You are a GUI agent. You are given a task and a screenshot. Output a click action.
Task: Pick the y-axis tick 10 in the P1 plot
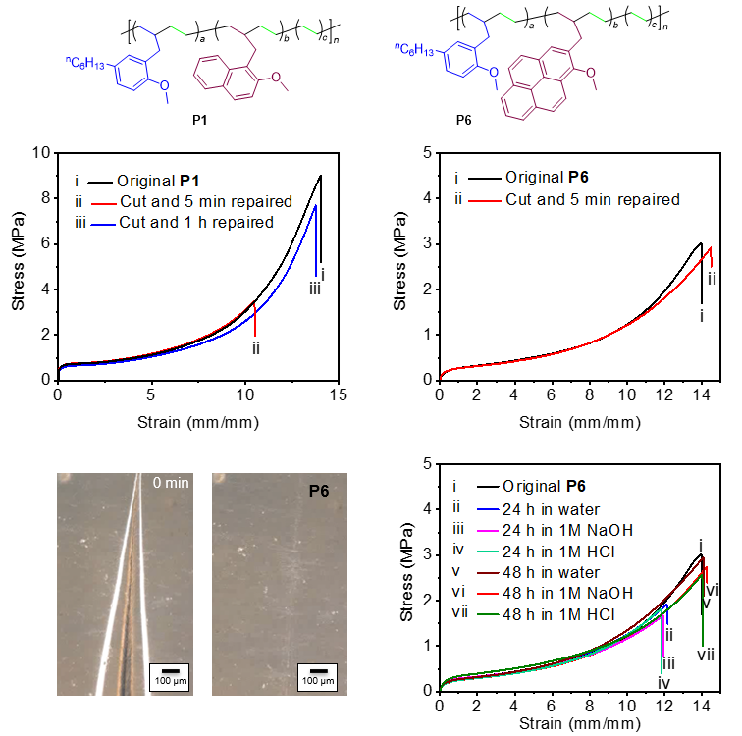pyautogui.click(x=39, y=153)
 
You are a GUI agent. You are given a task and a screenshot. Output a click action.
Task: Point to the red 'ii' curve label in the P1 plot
pyautogui.click(x=255, y=348)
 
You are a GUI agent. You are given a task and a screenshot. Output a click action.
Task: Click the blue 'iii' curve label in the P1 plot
pyautogui.click(x=313, y=289)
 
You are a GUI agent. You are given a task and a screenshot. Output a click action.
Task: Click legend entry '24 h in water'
pyautogui.click(x=556, y=508)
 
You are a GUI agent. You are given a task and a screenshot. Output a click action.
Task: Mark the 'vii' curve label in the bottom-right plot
pyautogui.click(x=705, y=654)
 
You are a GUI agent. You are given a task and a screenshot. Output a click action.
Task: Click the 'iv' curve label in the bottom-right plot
pyautogui.click(x=663, y=682)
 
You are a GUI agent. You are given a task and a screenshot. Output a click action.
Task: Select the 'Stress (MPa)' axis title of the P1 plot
pyautogui.click(x=20, y=266)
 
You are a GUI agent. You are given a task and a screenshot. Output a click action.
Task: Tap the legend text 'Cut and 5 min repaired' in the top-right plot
pyautogui.click(x=592, y=200)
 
